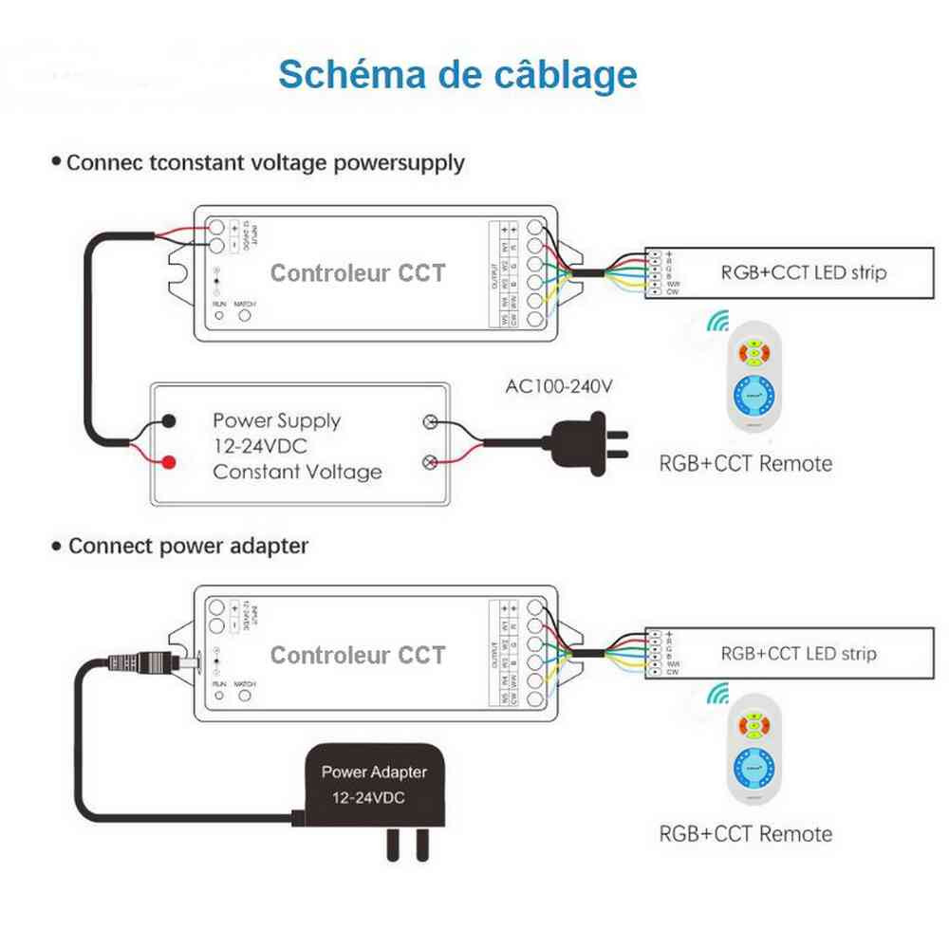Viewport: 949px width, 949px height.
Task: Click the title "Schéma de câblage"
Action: point(457,74)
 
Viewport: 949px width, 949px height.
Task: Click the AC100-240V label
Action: point(561,386)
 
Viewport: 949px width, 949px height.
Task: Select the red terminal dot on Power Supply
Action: point(169,463)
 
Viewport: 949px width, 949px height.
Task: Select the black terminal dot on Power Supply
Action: point(169,420)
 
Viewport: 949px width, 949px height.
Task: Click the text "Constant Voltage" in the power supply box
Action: point(297,472)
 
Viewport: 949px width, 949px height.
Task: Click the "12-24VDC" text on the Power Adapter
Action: point(367,798)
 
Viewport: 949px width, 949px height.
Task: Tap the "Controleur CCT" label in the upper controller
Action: point(358,273)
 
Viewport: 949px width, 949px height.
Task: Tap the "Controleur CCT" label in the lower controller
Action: point(358,655)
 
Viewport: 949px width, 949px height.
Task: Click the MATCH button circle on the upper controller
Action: point(244,316)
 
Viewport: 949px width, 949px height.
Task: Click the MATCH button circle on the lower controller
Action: point(244,695)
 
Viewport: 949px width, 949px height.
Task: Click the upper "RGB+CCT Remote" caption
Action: point(745,463)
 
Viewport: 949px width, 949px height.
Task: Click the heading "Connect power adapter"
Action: point(188,547)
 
